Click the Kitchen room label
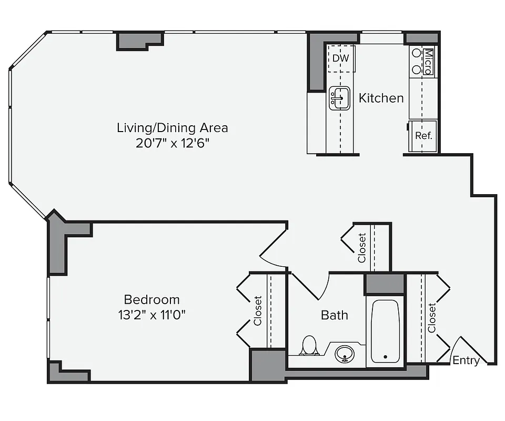click(381, 98)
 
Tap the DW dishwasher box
click(341, 58)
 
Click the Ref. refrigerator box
click(423, 136)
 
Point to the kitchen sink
click(340, 98)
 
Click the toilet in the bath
click(309, 346)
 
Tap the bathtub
click(385, 332)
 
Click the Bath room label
click(335, 315)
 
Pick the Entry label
click(466, 360)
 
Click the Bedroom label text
click(151, 299)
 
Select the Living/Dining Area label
click(172, 127)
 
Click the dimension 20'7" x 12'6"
click(172, 143)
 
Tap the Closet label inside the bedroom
click(258, 310)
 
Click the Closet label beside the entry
click(432, 317)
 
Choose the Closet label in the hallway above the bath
click(362, 247)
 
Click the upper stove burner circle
click(416, 53)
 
